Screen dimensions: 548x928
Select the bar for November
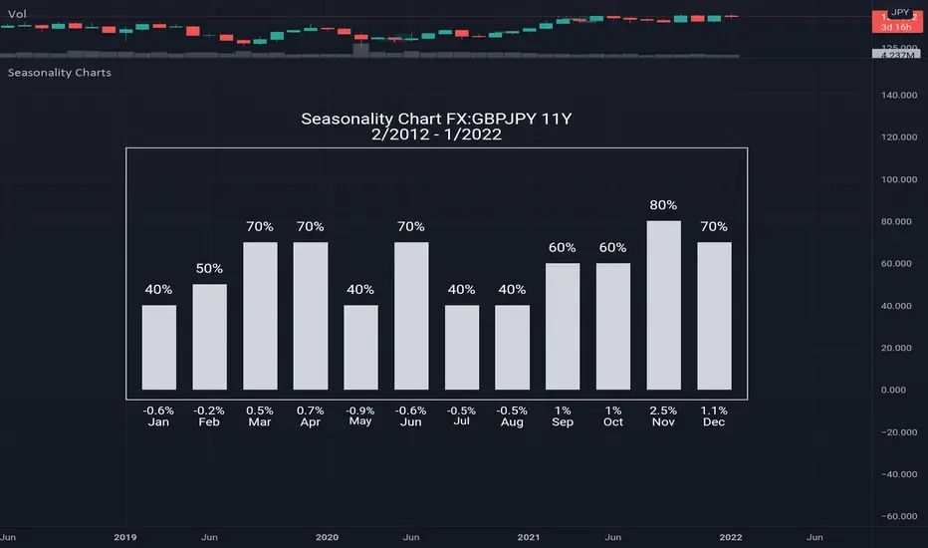point(664,305)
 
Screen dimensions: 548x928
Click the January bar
point(158,347)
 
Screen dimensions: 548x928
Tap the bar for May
point(360,347)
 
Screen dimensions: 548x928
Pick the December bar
point(714,315)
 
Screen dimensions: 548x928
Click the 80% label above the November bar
point(663,205)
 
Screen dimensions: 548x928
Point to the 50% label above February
point(209,269)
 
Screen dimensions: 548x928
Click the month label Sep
point(563,422)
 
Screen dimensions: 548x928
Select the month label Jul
point(461,422)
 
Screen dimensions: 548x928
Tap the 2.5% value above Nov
point(663,410)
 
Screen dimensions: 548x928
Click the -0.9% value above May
point(360,410)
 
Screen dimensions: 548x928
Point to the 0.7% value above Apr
point(310,410)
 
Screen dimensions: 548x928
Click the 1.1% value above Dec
point(714,410)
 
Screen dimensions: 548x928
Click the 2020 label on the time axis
point(328,538)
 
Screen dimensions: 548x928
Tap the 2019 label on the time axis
point(125,538)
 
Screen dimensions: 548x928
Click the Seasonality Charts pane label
point(59,73)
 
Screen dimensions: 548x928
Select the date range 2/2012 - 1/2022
point(437,137)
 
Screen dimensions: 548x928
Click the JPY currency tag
point(900,13)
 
